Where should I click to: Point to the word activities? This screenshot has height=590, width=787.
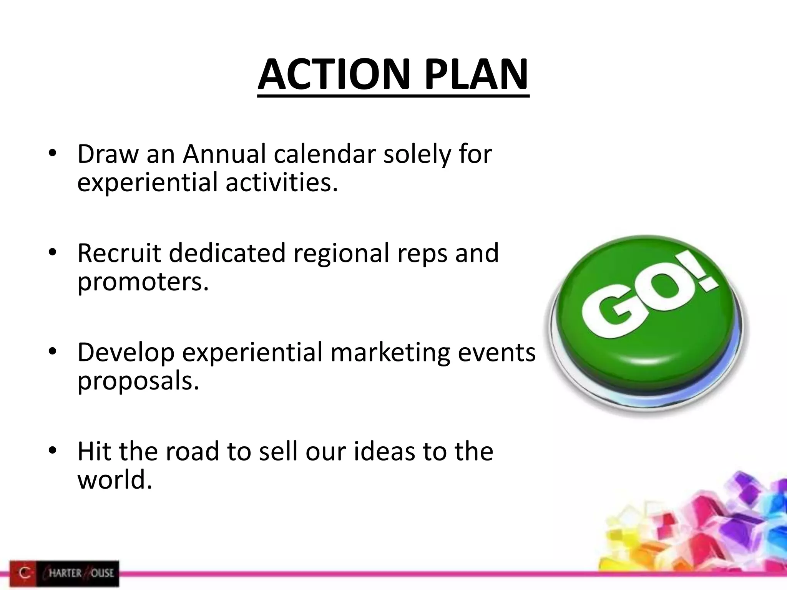(282, 183)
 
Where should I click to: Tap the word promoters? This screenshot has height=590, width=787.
(143, 282)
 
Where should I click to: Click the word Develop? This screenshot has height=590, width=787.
(126, 353)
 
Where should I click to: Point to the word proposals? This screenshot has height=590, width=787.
(138, 382)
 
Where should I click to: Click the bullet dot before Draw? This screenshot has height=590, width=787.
(53, 154)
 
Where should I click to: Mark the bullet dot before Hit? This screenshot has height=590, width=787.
(53, 451)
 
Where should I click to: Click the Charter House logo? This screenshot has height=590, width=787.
(64, 573)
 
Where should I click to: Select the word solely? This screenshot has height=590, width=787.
(412, 154)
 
